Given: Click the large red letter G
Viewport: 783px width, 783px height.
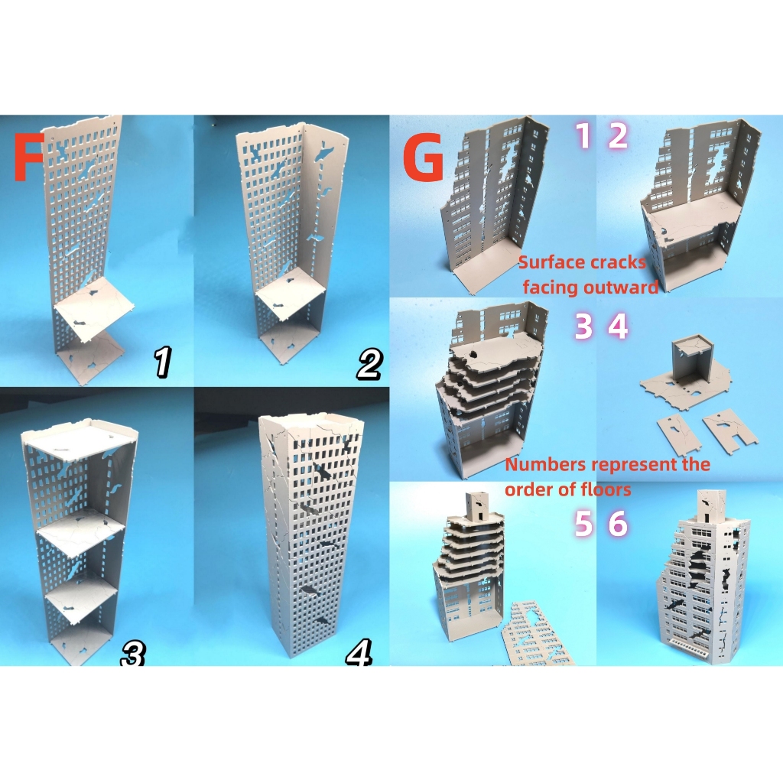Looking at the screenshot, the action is (x=423, y=159).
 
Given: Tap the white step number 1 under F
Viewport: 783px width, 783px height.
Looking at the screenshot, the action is (x=162, y=362).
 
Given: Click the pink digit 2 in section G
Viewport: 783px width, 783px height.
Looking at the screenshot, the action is (x=618, y=135).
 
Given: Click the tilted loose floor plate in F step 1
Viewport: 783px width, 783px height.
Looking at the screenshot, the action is (x=95, y=310).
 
